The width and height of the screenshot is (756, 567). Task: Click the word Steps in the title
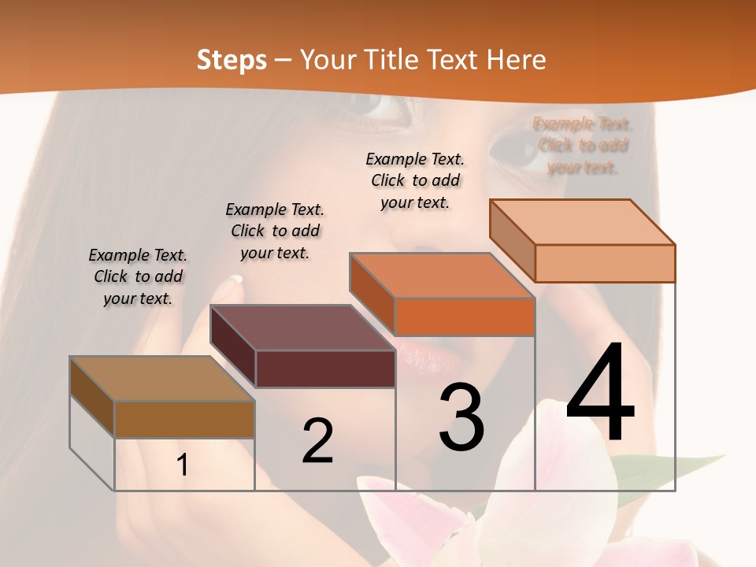pyautogui.click(x=232, y=60)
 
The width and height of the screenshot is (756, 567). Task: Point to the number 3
pyautogui.click(x=461, y=417)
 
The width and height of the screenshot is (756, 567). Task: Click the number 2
pyautogui.click(x=317, y=441)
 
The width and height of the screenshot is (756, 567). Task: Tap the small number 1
pyautogui.click(x=182, y=465)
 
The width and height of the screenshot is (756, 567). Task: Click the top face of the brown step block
pyautogui.click(x=161, y=379)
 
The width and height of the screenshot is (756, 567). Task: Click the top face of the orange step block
pyautogui.click(x=442, y=276)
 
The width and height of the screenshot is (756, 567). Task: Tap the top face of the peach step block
pyautogui.click(x=583, y=222)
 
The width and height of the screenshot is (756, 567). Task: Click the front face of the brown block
pyautogui.click(x=184, y=419)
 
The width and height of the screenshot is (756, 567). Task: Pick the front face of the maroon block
pyautogui.click(x=325, y=369)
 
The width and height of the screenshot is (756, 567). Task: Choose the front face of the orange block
pyautogui.click(x=465, y=317)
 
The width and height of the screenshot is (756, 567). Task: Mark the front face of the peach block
pyautogui.click(x=605, y=263)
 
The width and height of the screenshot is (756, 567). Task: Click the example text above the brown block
pyautogui.click(x=138, y=276)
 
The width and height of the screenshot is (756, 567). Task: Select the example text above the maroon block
pyautogui.click(x=275, y=231)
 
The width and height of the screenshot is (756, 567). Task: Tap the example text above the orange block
pyautogui.click(x=415, y=180)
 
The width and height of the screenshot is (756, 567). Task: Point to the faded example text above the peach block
pyautogui.click(x=583, y=145)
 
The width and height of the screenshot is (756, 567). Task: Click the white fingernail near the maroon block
pyautogui.click(x=238, y=278)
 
